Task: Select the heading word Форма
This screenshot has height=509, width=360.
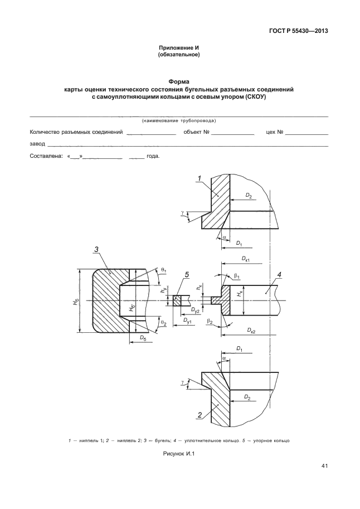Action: pos(179,81)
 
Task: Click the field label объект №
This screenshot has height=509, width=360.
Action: pos(196,133)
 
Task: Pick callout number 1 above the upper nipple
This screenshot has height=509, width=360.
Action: pos(198,178)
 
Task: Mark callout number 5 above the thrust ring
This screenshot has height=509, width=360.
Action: pos(187,274)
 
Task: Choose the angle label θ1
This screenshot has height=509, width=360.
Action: pos(163,269)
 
